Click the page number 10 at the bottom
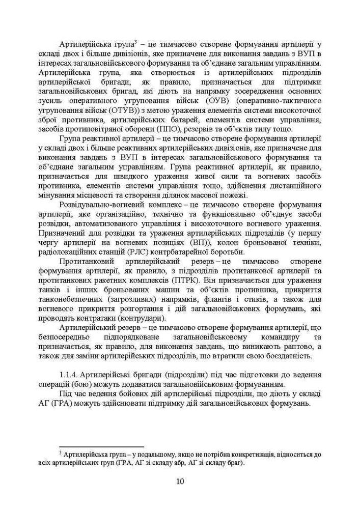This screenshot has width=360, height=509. (180, 481)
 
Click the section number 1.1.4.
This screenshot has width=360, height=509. (70, 374)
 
